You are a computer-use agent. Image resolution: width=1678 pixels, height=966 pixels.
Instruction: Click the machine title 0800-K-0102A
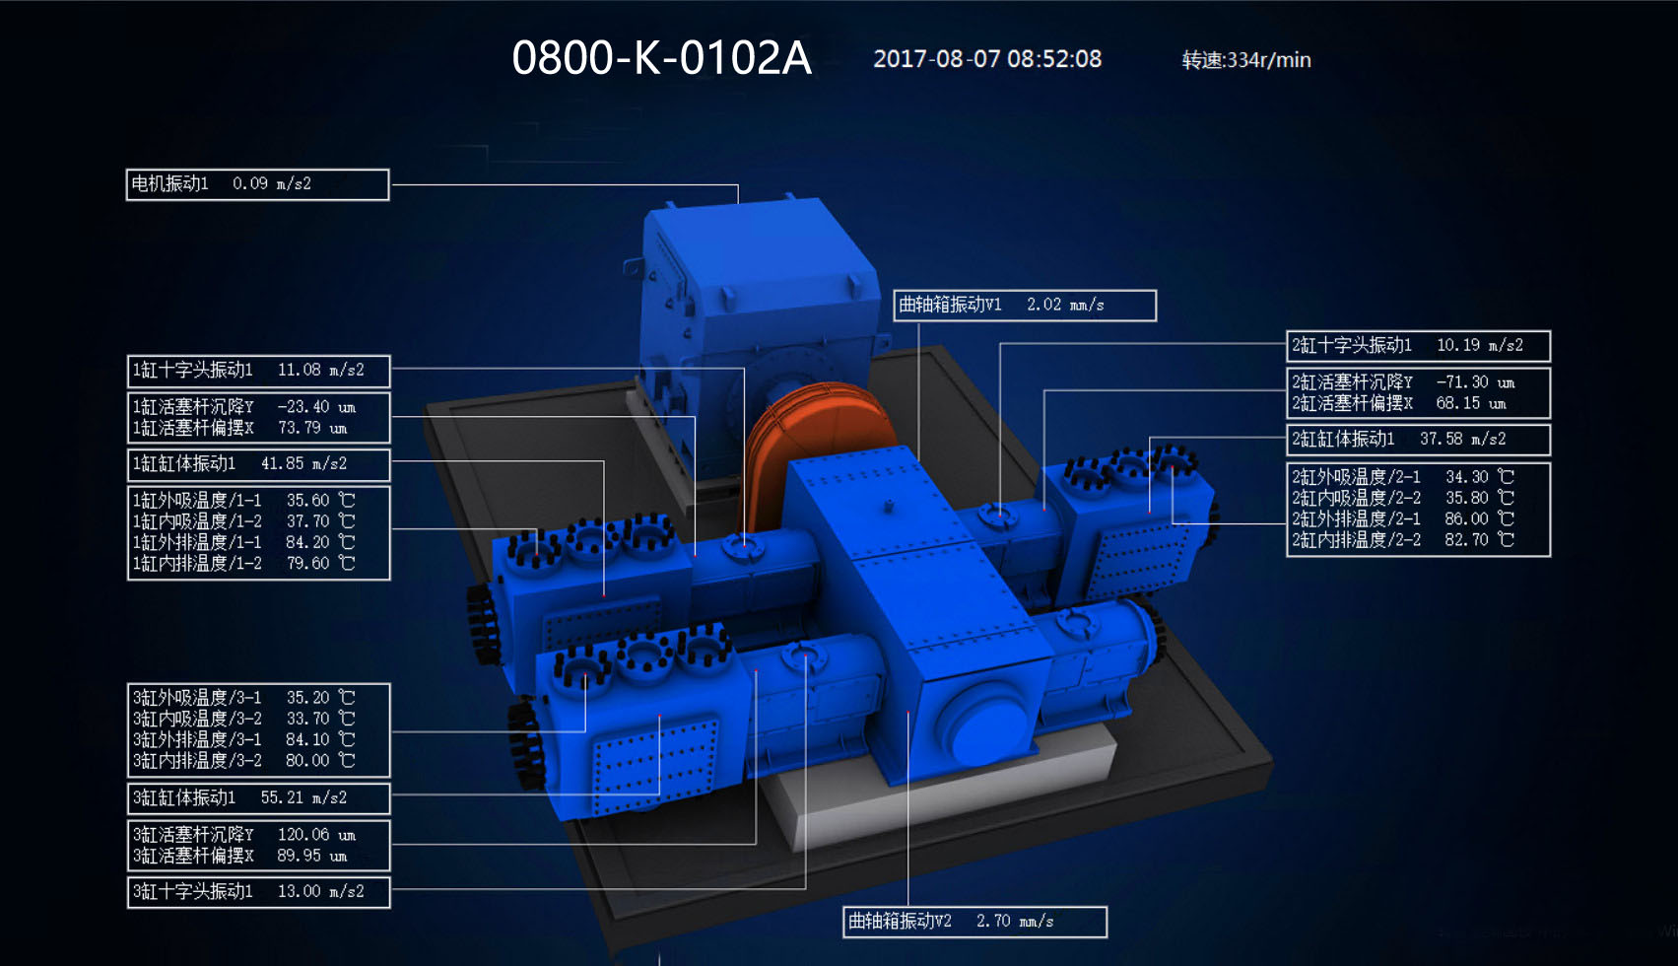click(x=661, y=58)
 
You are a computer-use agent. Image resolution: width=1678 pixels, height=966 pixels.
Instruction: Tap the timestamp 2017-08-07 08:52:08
click(x=987, y=59)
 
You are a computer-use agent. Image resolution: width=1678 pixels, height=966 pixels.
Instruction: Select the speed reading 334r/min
click(x=1269, y=60)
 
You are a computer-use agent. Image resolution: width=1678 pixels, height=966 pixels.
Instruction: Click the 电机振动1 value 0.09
click(x=250, y=183)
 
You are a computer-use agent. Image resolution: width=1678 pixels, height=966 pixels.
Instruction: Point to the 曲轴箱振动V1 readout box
click(x=1025, y=305)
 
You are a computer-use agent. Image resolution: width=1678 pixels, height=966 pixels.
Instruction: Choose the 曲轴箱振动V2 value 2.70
click(x=993, y=921)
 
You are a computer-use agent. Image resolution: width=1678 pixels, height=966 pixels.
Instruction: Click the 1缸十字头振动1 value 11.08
click(x=299, y=371)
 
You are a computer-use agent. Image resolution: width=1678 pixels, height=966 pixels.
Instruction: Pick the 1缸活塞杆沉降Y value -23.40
click(x=303, y=407)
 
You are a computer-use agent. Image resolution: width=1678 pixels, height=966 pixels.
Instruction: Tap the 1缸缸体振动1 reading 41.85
click(x=283, y=464)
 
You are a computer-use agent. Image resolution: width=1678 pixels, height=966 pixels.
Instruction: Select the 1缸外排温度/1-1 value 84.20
click(x=307, y=542)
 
